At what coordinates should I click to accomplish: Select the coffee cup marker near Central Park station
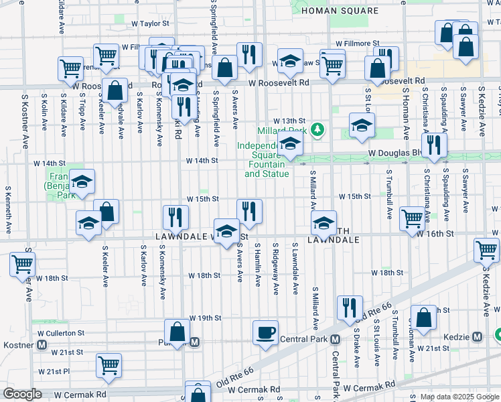[x=265, y=332]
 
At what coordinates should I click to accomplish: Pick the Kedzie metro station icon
[x=477, y=336]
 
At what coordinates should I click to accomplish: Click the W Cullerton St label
[x=61, y=332]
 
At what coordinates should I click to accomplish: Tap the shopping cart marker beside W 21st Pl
[x=109, y=365]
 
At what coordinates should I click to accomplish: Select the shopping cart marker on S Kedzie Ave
[x=486, y=251]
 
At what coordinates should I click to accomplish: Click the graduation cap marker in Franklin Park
[x=82, y=182]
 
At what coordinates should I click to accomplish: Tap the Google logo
[x=22, y=394]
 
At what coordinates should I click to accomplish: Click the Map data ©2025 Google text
[x=459, y=397]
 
